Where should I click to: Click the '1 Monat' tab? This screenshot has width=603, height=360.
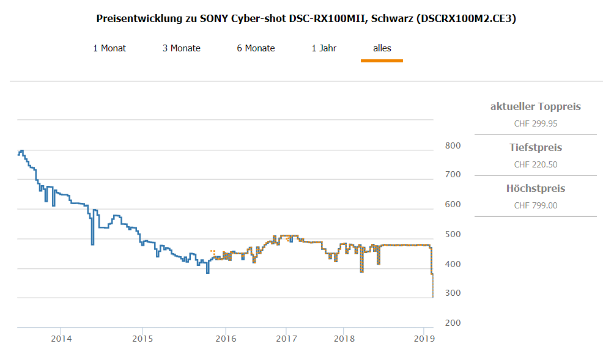coord(109,48)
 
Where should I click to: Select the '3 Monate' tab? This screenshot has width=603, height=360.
coord(181,48)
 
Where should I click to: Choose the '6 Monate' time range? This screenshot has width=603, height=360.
coord(256,48)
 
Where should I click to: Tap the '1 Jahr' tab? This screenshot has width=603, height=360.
coord(324,48)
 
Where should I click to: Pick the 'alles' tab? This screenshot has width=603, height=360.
coord(382,48)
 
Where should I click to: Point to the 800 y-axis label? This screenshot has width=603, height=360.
coord(453,145)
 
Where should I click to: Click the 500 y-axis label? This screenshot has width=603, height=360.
coord(453,235)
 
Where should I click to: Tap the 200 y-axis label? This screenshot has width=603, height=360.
coord(453,323)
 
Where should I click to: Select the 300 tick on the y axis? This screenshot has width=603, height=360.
coord(453,293)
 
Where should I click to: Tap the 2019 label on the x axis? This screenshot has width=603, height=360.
coord(424,338)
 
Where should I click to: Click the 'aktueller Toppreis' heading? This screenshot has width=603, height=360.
coord(535,107)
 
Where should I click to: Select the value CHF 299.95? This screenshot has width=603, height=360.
coord(535,123)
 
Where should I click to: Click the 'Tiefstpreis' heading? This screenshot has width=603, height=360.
coord(535,148)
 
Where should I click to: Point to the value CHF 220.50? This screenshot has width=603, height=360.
coord(535,164)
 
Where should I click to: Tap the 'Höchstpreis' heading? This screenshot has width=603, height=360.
coord(535,189)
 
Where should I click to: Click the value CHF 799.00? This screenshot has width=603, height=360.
coord(535,205)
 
